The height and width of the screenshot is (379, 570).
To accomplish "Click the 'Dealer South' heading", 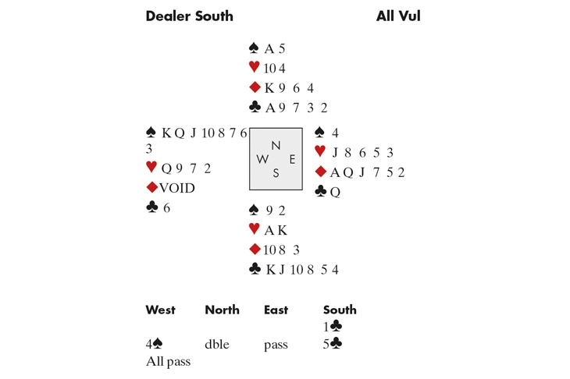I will point(189,16).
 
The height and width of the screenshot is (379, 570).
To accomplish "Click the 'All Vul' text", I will point(398,16).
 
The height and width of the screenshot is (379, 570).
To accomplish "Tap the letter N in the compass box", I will point(275,145).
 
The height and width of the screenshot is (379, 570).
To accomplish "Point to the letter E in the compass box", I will point(292,159).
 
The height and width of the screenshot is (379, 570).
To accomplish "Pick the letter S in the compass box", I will point(275,173).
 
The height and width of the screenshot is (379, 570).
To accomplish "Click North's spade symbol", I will point(253,48).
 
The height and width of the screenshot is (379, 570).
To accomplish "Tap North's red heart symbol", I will point(253,68).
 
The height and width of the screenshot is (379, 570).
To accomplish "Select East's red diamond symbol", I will point(319,172).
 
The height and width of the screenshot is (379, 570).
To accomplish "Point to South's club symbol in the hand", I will point(254,270).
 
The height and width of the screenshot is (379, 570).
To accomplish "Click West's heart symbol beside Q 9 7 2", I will point(151,168).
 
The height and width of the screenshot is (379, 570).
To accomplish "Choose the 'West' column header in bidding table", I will point(160,310).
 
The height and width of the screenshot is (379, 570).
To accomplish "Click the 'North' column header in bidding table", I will point(222,310).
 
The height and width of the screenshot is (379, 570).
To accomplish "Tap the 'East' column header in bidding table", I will point(276,310).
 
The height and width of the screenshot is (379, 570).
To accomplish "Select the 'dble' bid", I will point(217,344).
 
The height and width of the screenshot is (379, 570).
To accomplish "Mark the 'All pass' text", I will point(168,362).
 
